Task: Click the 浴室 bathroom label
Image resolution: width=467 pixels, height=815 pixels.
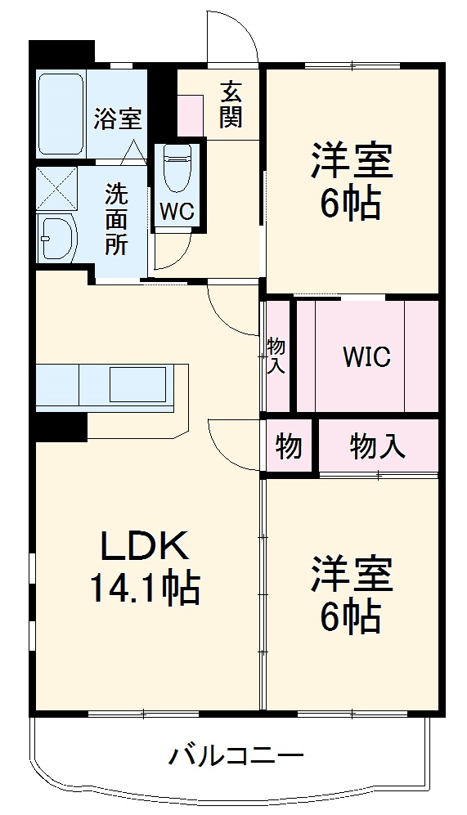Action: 117,119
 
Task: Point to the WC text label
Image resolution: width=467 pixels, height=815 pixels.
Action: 177,211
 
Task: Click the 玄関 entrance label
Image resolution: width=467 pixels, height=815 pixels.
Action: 231,104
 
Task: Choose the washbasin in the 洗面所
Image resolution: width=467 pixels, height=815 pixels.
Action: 56,237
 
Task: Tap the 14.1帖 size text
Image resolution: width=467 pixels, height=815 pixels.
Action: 146,588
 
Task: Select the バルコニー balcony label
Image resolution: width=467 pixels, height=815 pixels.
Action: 236,755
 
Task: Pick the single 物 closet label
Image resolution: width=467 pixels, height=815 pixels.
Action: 288,447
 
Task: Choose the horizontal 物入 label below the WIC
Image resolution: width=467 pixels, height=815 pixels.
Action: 377,446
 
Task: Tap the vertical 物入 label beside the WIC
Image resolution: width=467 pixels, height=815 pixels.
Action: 276,356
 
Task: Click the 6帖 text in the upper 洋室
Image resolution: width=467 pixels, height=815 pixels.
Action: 351,204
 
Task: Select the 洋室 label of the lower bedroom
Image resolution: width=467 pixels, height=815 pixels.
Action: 351,574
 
